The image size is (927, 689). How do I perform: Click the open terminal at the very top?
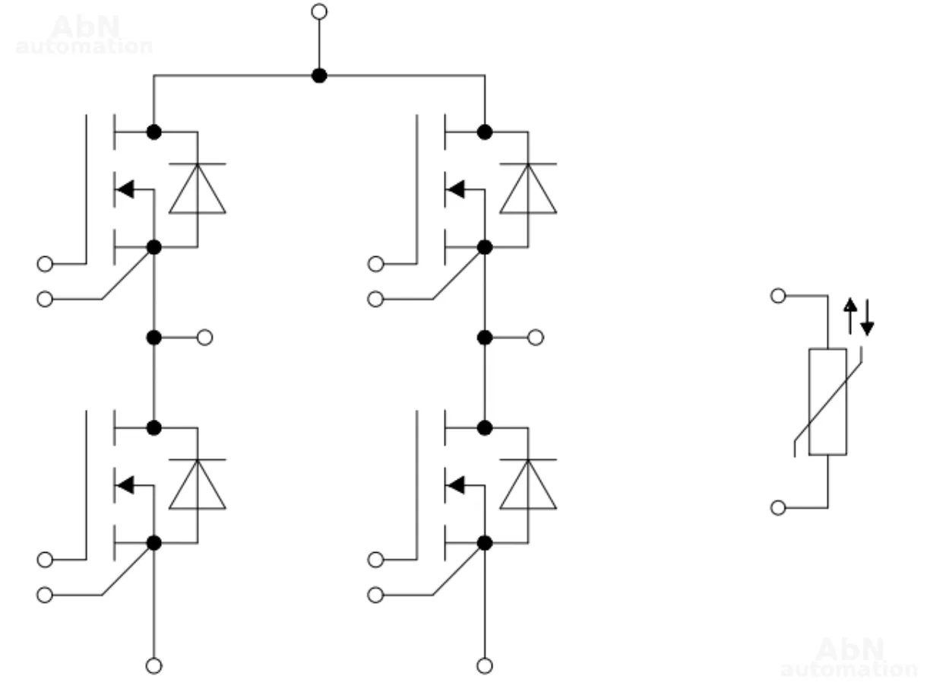point(320,11)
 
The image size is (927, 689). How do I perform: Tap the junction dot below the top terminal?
point(320,75)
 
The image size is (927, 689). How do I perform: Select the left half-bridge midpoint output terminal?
point(204,338)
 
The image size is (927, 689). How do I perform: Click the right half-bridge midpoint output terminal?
point(536,338)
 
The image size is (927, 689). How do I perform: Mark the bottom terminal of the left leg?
point(154,665)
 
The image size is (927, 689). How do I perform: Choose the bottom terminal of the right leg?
point(485,665)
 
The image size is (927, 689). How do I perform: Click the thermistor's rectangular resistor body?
point(827,402)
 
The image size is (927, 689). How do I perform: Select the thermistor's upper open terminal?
point(778,296)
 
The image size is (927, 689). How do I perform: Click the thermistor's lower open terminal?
point(778,507)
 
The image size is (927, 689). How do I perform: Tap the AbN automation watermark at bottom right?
point(849,658)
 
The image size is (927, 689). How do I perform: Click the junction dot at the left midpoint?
point(154,338)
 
